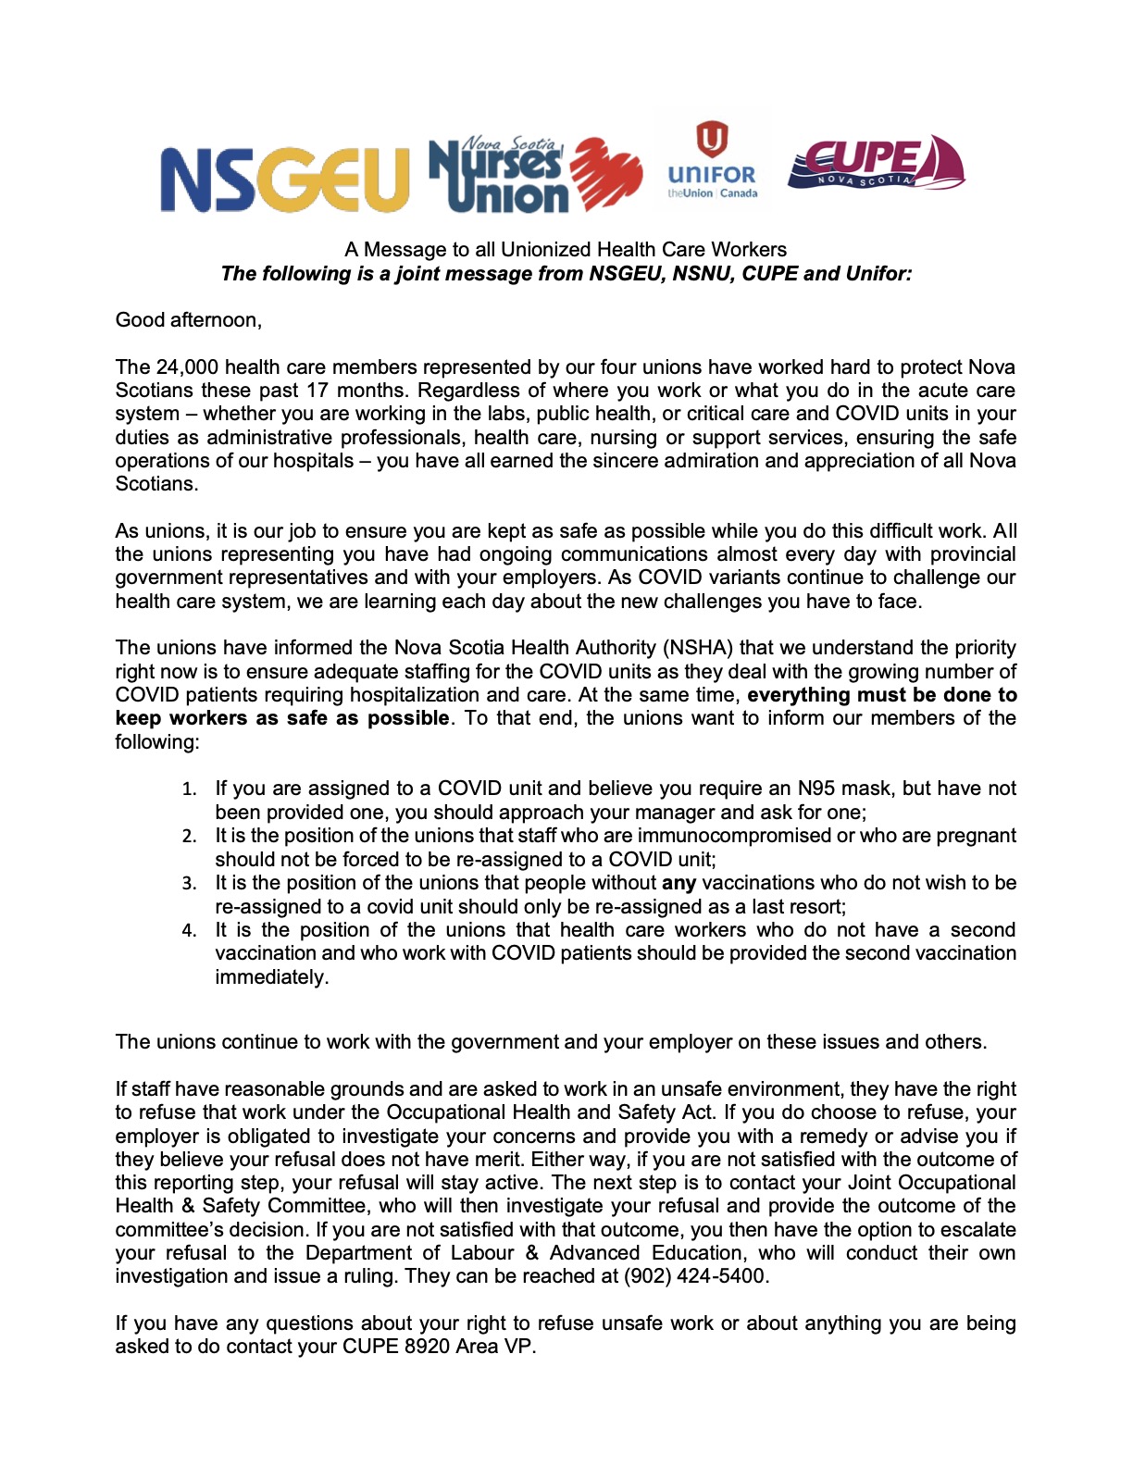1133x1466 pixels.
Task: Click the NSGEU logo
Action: coord(284,178)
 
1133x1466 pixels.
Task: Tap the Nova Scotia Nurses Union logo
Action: coord(535,176)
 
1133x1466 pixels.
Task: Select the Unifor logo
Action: coord(712,161)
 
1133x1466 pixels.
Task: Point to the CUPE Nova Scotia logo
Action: coord(876,164)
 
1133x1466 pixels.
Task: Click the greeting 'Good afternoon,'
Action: coord(189,320)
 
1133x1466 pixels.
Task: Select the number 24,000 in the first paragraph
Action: coord(187,367)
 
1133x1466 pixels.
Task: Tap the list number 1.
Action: coord(189,789)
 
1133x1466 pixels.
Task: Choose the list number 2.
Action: coord(189,837)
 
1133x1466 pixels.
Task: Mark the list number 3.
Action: coord(189,884)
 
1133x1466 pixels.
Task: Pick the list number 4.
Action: coord(189,931)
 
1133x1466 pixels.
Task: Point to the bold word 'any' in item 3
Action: coord(679,883)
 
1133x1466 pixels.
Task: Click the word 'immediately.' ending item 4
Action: coord(271,977)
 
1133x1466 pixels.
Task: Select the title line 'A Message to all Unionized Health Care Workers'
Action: coord(566,250)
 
